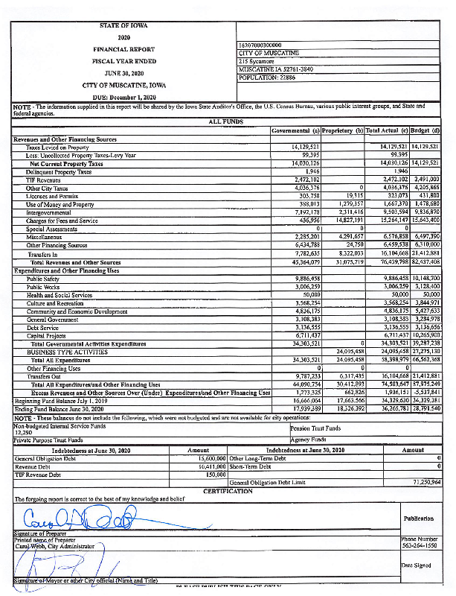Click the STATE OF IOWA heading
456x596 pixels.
pos(123,25)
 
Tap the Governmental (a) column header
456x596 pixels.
pos(295,131)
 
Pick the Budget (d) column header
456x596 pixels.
pos(426,131)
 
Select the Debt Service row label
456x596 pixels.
pos(43,326)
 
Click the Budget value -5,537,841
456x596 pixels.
pos(426,392)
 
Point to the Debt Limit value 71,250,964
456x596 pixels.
pos(426,483)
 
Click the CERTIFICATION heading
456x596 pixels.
pos(228,491)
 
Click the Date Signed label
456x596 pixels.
pos(417,566)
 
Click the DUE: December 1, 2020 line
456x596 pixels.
pos(123,98)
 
